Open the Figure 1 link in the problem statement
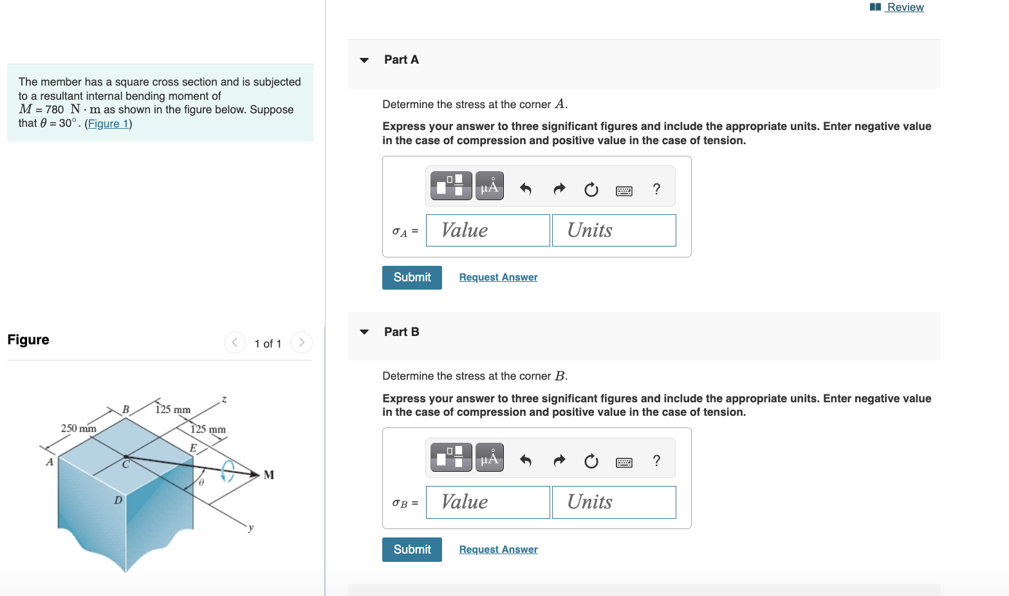108,124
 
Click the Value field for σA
488,230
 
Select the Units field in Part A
614,230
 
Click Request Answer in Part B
498,549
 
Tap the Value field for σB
488,502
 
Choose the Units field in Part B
614,502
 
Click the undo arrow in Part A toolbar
526,189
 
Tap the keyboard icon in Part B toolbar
624,461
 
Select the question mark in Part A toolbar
656,189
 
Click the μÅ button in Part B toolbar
489,458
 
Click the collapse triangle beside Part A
364,60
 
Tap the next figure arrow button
302,342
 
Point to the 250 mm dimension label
79,428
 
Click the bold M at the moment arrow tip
269,475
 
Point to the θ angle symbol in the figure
201,481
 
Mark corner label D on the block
118,500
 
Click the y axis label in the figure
251,528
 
